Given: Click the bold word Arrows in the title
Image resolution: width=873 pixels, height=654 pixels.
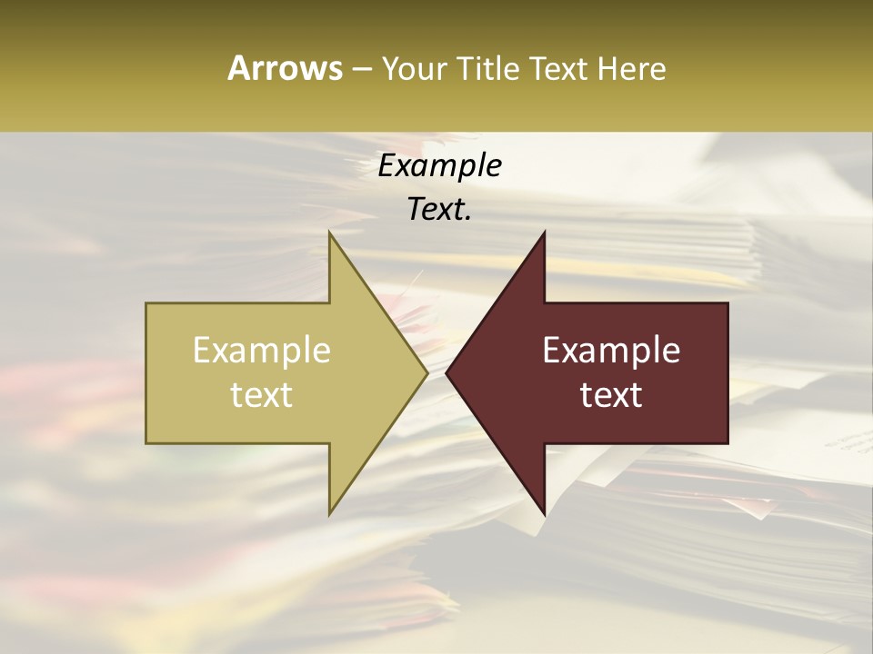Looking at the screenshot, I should [x=286, y=68].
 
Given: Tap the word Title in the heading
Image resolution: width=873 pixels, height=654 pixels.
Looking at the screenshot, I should [x=481, y=68].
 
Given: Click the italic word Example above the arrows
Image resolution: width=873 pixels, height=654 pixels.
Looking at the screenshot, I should [x=439, y=166].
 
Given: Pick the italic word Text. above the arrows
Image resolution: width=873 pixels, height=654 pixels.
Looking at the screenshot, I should [x=439, y=210].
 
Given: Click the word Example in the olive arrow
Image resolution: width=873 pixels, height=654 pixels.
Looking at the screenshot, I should [x=262, y=351].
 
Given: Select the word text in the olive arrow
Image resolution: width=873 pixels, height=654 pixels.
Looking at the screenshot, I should [x=262, y=394].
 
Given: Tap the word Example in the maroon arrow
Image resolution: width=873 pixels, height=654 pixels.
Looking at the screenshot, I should [x=611, y=351].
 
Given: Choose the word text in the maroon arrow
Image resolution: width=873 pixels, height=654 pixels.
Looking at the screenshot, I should [x=611, y=394].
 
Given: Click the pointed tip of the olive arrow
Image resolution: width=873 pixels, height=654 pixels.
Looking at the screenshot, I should [x=427, y=372].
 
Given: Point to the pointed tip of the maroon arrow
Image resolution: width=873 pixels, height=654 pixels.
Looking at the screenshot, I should [x=447, y=372].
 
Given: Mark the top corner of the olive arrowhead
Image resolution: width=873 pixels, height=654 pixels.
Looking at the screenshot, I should [x=330, y=233].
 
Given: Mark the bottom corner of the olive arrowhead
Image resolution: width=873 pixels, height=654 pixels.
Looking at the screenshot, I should [x=330, y=513].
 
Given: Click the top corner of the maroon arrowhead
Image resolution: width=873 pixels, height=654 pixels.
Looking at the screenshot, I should [x=544, y=233].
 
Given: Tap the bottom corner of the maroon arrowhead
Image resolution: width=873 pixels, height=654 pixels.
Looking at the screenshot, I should [x=544, y=513].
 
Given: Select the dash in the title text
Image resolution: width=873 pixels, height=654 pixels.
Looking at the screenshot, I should [x=360, y=70].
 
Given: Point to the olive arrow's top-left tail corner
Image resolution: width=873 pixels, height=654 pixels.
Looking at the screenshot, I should [x=146, y=303].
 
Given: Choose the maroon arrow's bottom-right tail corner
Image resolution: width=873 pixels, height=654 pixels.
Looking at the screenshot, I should [x=727, y=443].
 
